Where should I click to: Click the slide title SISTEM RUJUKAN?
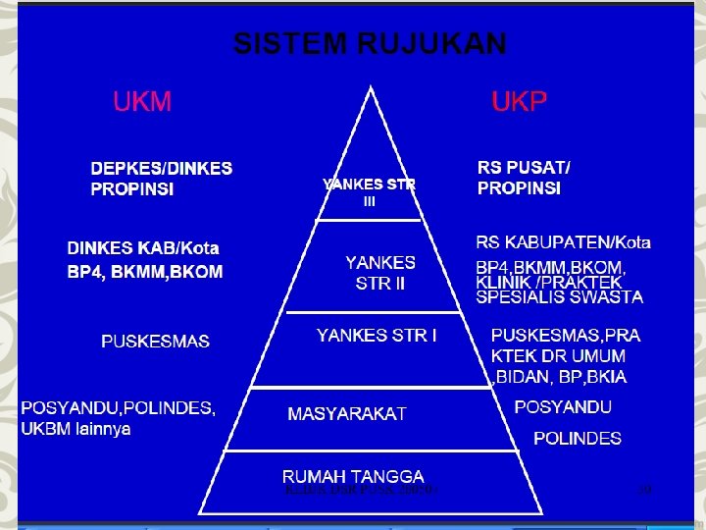(370, 44)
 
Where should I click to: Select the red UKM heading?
(142, 101)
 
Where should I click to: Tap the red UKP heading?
(518, 101)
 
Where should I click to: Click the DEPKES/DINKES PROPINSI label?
(162, 179)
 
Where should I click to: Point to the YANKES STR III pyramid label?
(370, 192)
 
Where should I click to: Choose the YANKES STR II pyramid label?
(380, 274)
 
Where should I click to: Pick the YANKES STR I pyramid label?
(378, 336)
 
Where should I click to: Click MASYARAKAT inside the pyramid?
(347, 413)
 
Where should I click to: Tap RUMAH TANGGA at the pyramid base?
(353, 476)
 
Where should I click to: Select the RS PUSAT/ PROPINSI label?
(524, 178)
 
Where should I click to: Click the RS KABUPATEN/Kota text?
(563, 243)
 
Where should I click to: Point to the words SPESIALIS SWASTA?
(559, 297)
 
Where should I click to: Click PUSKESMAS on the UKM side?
(155, 342)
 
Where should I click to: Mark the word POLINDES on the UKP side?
(577, 439)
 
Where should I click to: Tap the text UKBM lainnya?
(76, 429)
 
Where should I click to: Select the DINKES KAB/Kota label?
(143, 248)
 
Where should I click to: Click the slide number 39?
(644, 488)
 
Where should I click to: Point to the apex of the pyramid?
(371, 88)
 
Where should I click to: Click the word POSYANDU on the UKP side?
(563, 407)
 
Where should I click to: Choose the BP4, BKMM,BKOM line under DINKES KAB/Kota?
(145, 272)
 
